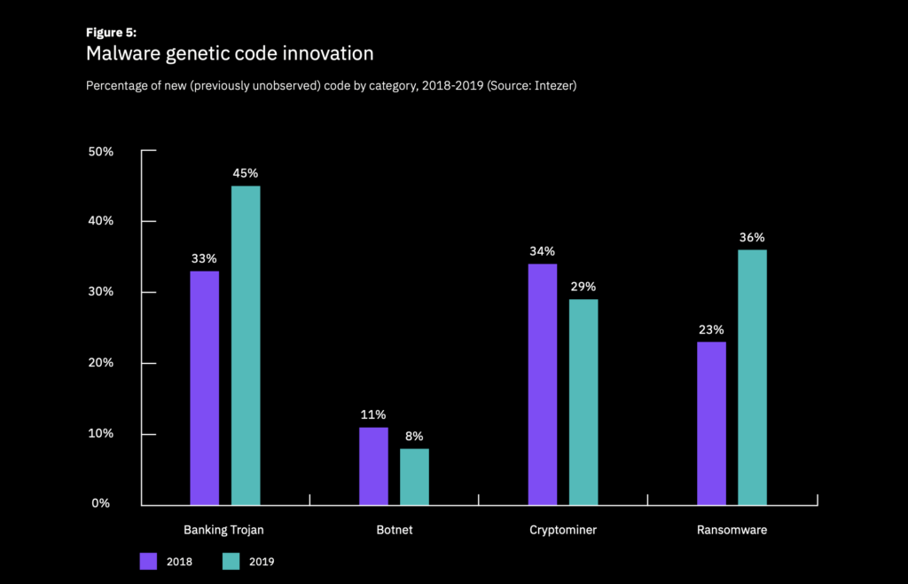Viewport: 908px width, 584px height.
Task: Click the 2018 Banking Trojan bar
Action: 204,388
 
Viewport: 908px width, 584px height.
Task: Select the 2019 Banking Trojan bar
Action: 246,345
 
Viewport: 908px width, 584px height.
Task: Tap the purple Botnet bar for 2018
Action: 373,466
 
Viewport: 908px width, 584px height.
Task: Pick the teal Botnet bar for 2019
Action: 414,477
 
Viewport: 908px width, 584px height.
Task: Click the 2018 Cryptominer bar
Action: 542,384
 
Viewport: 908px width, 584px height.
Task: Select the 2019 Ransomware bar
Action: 752,377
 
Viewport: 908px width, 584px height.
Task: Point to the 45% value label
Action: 246,173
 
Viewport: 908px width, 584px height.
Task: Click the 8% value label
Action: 414,436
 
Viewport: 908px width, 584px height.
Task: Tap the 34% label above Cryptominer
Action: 542,251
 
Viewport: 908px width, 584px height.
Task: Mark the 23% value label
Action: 711,329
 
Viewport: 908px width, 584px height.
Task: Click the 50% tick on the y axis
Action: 101,152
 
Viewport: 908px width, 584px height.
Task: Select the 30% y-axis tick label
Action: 101,292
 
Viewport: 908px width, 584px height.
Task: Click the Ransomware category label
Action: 732,530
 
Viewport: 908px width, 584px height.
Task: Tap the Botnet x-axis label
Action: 394,530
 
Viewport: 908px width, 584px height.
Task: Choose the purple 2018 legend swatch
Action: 148,561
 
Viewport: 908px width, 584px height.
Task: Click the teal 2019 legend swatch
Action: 231,561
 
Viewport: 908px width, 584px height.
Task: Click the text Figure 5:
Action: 111,32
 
